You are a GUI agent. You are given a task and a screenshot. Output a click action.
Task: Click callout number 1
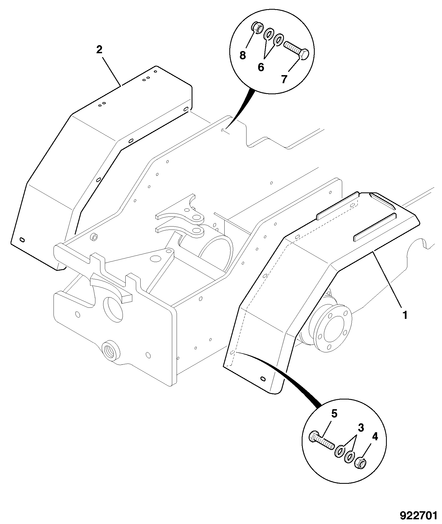click(405, 315)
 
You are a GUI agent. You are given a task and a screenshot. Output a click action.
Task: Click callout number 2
click(99, 50)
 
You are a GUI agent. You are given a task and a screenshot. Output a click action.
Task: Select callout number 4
click(375, 437)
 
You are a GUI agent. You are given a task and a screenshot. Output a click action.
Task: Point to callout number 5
click(334, 422)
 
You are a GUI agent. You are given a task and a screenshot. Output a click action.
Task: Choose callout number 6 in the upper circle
click(261, 67)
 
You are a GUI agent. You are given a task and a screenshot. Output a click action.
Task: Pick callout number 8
click(243, 55)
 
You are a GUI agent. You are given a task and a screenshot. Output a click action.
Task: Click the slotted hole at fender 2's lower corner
click(22, 239)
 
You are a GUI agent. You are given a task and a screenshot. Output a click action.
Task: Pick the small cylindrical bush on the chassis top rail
click(95, 237)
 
